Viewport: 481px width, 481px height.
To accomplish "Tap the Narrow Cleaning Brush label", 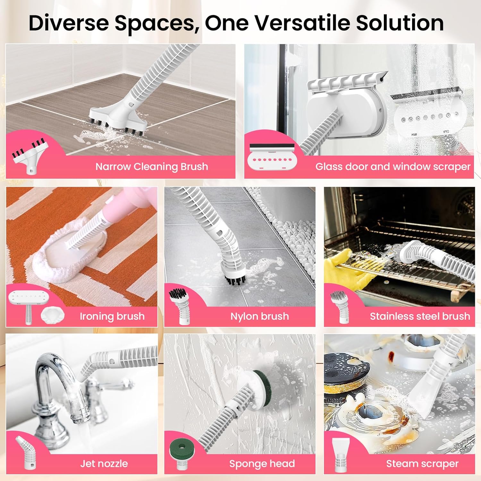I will point(152,167).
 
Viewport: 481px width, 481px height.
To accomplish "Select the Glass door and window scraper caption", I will point(392,167).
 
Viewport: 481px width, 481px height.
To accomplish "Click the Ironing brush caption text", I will point(112,316).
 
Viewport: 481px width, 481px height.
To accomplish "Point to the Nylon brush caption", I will point(259,316).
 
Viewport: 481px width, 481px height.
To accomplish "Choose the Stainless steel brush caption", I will point(420,316).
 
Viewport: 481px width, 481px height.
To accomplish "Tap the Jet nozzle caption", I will point(104,464).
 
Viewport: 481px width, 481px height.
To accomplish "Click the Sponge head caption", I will point(262,464).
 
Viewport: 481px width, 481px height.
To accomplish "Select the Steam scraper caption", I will point(422,464).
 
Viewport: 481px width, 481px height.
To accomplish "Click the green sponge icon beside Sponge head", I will point(181,448).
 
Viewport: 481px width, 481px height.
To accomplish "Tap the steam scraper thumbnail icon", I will point(341,455).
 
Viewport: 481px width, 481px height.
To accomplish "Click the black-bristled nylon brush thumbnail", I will point(178,305).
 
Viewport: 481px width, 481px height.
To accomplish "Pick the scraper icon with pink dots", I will point(272,157).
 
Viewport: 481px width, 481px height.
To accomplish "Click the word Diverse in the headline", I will point(69,23).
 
